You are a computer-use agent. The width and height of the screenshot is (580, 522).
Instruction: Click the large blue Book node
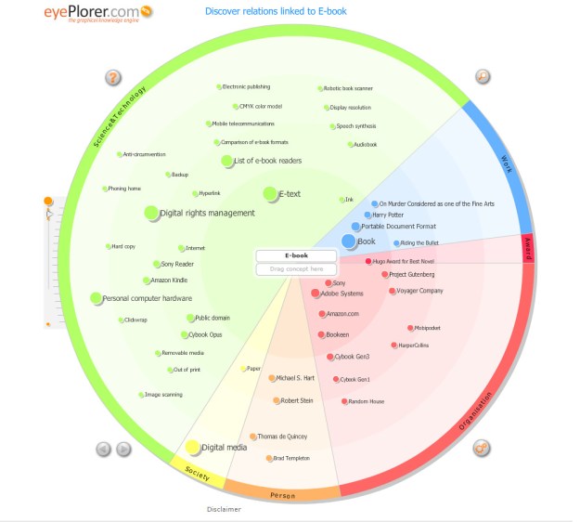click(349, 241)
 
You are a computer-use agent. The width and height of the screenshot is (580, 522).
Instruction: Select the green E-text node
click(270, 194)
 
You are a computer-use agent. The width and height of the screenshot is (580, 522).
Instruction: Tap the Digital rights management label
click(207, 214)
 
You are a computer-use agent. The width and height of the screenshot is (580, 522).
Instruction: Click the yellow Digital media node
click(192, 448)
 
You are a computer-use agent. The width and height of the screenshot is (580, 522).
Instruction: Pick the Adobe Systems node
click(316, 294)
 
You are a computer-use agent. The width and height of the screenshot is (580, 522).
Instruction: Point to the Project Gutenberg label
click(411, 275)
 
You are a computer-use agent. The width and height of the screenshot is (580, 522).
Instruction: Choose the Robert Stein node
click(277, 400)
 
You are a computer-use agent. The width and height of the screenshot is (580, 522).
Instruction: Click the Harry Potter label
click(388, 215)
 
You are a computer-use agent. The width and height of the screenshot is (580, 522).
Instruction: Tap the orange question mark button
click(113, 78)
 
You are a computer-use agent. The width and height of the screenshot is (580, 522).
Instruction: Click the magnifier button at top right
click(483, 76)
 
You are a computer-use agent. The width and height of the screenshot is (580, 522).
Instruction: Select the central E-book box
click(296, 254)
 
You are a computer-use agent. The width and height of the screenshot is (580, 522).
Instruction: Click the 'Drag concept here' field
click(296, 269)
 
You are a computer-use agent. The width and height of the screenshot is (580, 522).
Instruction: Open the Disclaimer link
click(224, 509)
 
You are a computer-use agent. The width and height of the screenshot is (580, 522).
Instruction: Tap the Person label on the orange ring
click(282, 495)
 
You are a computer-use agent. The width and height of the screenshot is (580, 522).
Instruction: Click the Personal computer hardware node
click(96, 298)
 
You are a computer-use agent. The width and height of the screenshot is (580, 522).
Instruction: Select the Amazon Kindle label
click(169, 281)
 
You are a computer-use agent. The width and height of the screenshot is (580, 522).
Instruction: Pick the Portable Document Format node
click(356, 227)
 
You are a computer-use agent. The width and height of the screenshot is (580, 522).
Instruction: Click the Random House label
click(366, 401)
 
